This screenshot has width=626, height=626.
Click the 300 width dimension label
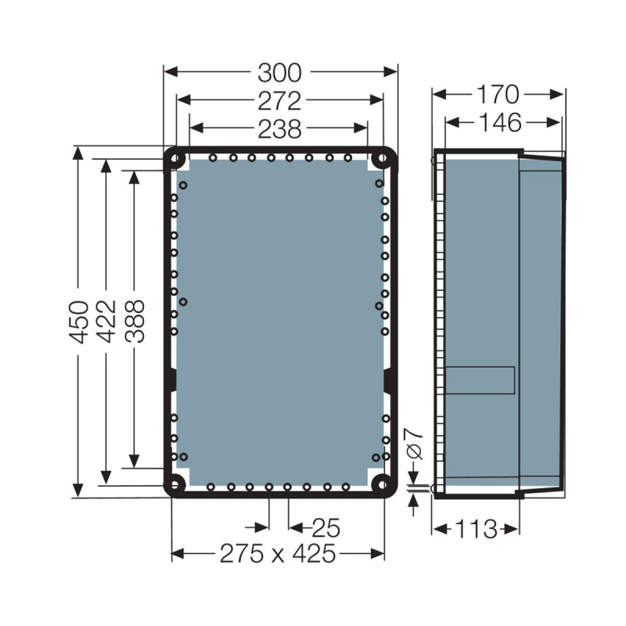(279, 73)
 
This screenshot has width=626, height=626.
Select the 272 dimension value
(279, 100)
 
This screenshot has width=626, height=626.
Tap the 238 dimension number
(279, 128)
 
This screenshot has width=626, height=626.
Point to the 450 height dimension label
(78, 322)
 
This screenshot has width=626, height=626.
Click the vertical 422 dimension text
(106, 322)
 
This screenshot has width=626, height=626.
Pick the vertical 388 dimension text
(134, 322)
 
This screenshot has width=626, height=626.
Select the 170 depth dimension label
(498, 95)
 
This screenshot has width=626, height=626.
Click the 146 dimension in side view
(502, 123)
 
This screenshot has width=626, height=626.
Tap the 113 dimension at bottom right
(476, 529)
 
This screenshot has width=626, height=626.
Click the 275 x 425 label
(277, 554)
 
